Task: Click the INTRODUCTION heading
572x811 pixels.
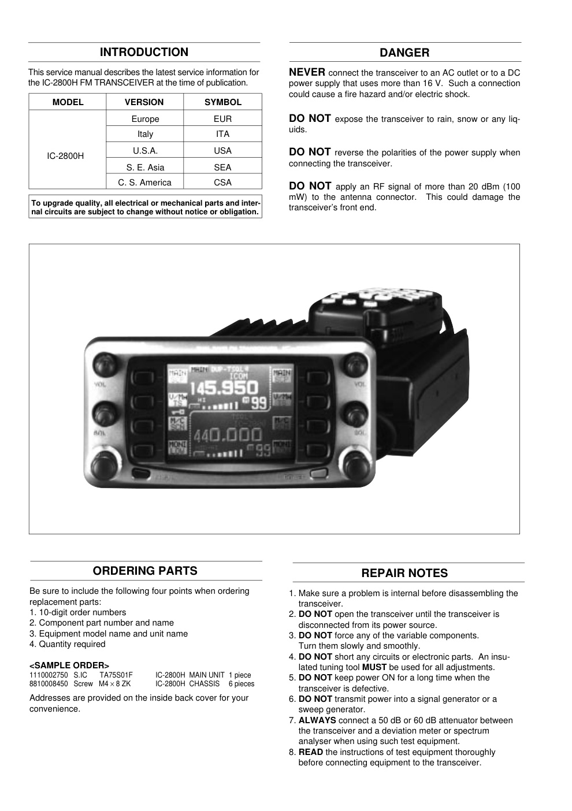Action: click(144, 52)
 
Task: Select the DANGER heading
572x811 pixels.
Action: click(404, 53)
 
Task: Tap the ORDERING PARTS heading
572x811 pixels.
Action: click(145, 571)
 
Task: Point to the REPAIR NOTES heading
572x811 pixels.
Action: click(404, 573)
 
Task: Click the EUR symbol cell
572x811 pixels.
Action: click(222, 119)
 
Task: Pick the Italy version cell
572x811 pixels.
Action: click(145, 134)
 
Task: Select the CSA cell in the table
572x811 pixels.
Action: click(222, 182)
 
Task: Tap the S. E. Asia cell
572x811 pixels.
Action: click(145, 168)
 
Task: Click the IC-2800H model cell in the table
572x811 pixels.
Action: click(65, 156)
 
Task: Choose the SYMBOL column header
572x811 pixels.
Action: click(223, 102)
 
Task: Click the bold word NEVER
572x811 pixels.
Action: click(307, 72)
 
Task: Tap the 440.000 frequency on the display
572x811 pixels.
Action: click(226, 436)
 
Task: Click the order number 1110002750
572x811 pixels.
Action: click(49, 675)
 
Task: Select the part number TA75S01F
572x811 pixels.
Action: click(116, 675)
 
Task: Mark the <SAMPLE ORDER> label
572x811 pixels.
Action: click(69, 665)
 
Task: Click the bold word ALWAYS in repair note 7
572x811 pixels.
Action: click(317, 720)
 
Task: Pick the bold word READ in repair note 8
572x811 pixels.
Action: click(310, 752)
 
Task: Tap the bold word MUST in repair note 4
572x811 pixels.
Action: click(374, 667)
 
